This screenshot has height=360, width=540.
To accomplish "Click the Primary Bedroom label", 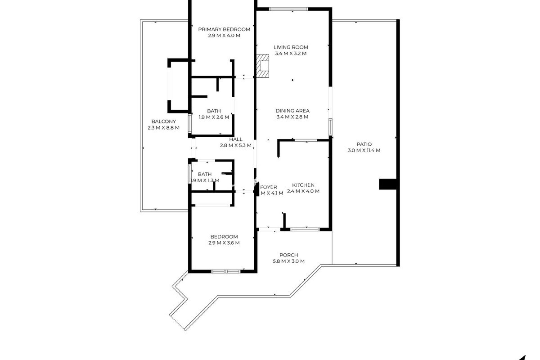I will coord(224,29).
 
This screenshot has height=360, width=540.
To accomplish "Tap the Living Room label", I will coord(291,47).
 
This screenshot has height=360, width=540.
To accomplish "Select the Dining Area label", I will coord(292,111).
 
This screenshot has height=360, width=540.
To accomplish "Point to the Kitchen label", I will coord(303,185).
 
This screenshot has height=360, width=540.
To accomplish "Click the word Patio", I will coord(364,144).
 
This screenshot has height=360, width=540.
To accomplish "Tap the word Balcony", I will coord(164,121).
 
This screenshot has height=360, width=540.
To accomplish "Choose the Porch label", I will coord(289,255).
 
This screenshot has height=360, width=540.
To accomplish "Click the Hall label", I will coord(236,139).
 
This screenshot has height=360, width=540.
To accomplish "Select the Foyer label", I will coord(269,187).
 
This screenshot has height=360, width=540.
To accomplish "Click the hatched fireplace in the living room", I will coord(263,66).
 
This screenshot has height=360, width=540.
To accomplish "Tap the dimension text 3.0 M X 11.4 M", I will coord(364,150).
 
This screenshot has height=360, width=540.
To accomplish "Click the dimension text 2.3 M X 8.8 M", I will coord(164,128).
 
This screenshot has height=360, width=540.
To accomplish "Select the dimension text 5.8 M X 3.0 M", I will coord(289,261).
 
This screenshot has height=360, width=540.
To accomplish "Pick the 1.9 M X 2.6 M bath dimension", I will coord(214,117).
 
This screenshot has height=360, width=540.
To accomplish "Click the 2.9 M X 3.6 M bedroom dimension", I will coord(224,243).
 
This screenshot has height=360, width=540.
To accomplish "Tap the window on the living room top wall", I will coord(289,9).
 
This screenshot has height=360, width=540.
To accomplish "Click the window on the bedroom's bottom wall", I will coord(226,271).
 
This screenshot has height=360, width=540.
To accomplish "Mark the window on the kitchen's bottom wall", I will coord(305,229).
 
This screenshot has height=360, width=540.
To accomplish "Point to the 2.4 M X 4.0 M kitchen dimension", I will coord(303,191).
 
